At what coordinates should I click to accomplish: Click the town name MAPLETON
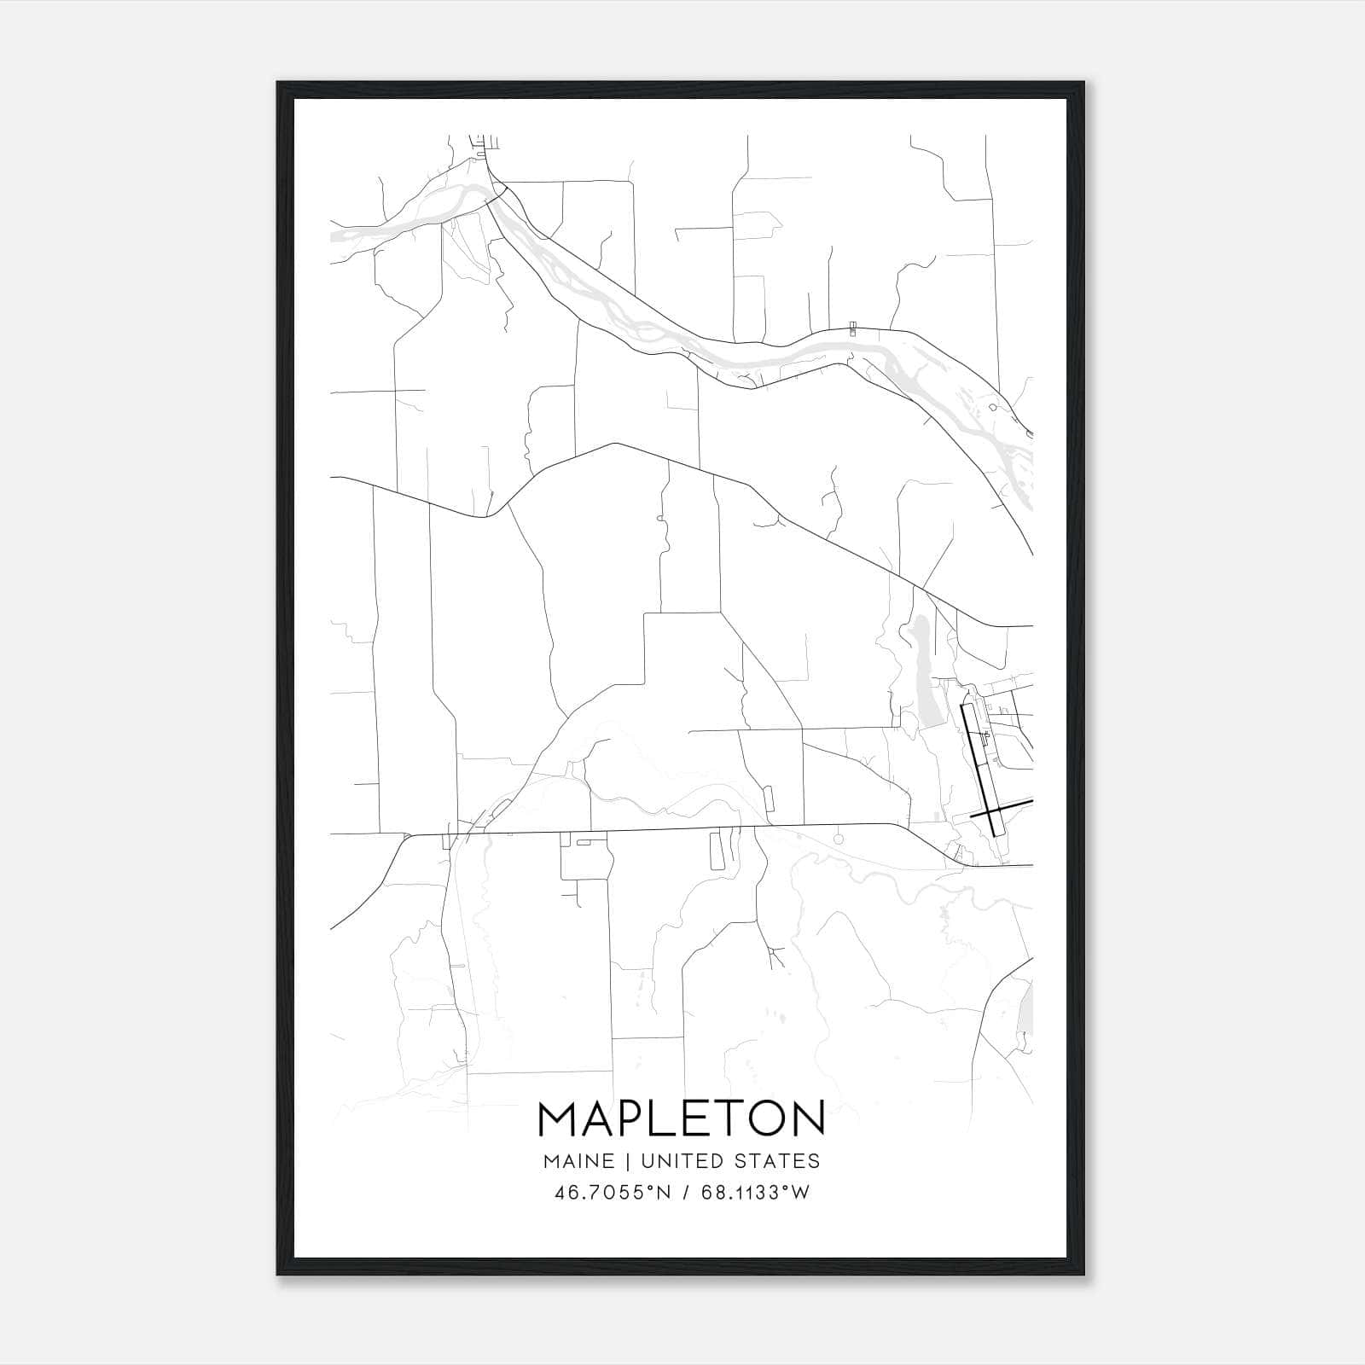[x=682, y=1118]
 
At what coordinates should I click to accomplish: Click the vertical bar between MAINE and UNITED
[x=627, y=1161]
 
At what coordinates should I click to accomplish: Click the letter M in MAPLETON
[x=558, y=1118]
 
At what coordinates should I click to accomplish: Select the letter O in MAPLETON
[x=768, y=1118]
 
